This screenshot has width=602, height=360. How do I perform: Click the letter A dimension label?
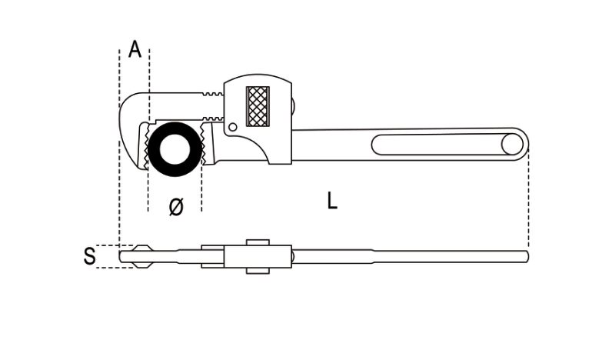click(135, 50)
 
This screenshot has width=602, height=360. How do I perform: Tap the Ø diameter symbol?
click(175, 206)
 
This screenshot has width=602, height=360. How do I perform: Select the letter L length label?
click(331, 201)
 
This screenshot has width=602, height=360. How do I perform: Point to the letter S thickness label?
click(90, 255)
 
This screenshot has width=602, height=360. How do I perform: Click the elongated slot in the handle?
click(438, 144)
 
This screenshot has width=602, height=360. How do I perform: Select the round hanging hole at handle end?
click(511, 144)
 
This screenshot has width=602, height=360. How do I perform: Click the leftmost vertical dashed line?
click(120, 154)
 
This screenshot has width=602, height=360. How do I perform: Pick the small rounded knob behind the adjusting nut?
click(295, 104)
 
